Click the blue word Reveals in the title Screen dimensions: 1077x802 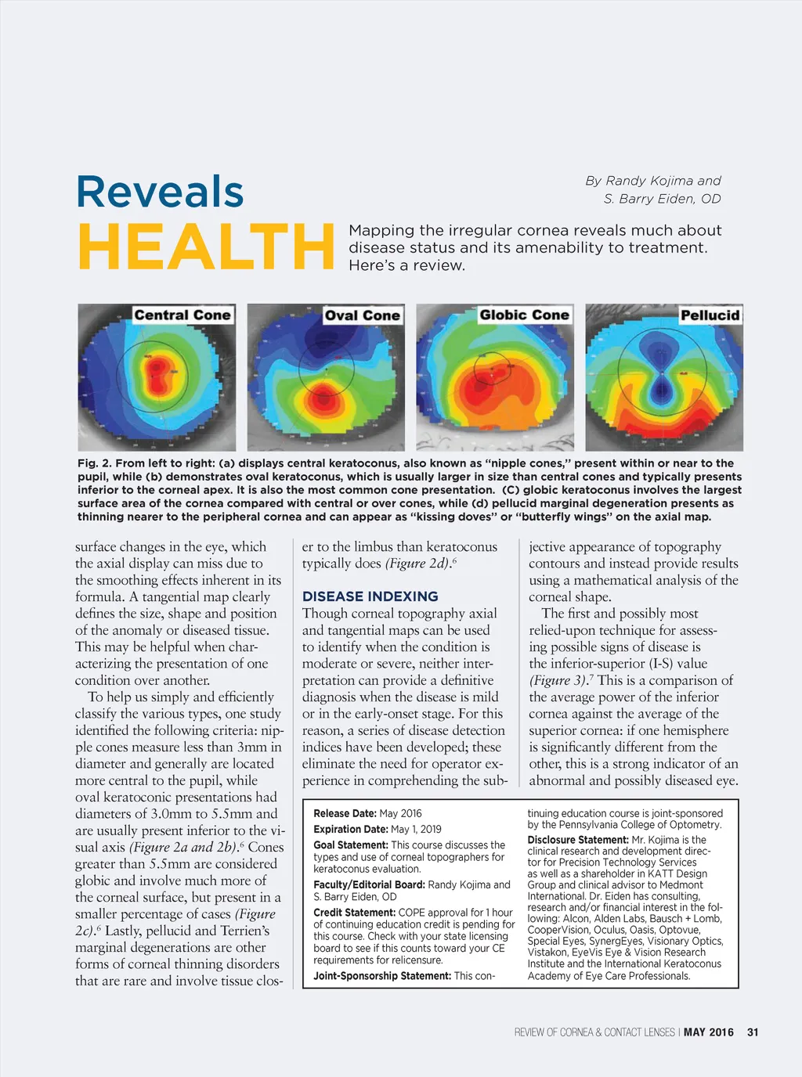click(x=160, y=192)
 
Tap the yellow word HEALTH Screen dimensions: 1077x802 click(x=206, y=247)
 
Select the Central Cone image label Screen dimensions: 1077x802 click(x=182, y=315)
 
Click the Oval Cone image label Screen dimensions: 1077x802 click(x=362, y=315)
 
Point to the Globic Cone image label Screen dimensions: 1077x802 click(x=524, y=315)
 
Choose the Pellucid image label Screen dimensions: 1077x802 click(x=710, y=315)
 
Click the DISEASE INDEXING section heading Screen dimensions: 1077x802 click(x=370, y=596)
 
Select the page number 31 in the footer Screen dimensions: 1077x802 click(x=753, y=1032)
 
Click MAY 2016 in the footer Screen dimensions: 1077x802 click(x=708, y=1032)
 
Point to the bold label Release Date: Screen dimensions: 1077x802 click(x=345, y=814)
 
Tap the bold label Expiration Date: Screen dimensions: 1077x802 click(x=351, y=830)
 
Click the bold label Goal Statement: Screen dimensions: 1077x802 click(x=350, y=845)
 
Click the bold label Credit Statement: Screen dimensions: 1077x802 click(x=355, y=913)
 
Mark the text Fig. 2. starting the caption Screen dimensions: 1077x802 click(x=94, y=463)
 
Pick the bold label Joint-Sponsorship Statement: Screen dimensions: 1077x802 click(x=382, y=976)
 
